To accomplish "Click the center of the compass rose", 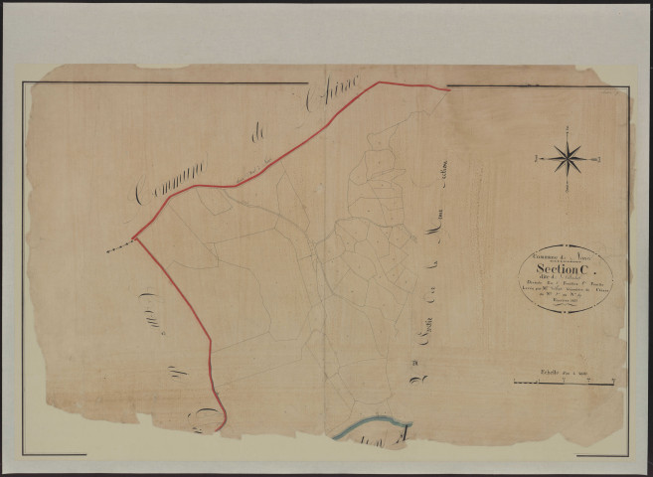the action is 568,157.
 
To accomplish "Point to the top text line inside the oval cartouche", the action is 564,256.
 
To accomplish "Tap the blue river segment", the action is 370,427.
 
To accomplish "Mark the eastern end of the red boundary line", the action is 449,89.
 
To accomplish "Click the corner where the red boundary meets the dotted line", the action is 133,238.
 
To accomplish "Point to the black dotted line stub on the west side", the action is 119,245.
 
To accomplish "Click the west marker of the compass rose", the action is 537,158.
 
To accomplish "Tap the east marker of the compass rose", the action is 598,158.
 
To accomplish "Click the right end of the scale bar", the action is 622,382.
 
